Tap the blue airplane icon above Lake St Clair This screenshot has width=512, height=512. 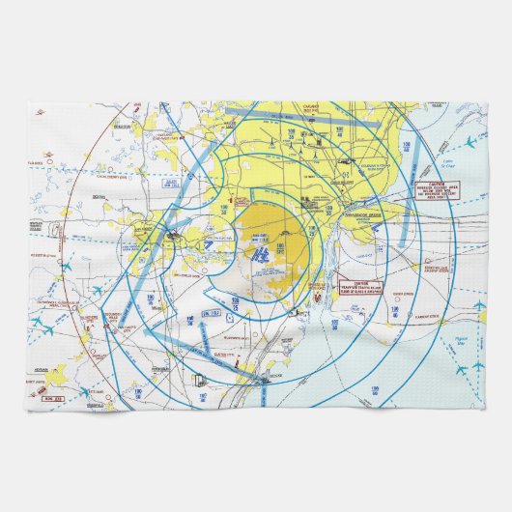click(469, 143)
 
